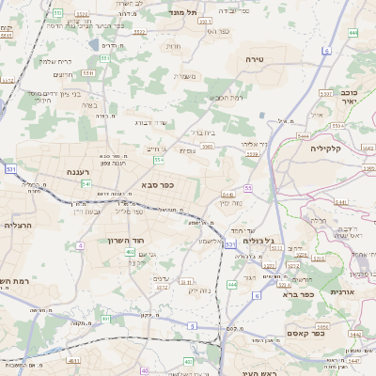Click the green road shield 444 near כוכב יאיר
click(352, 32)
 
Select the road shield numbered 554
click(159, 160)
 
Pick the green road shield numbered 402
click(129, 252)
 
